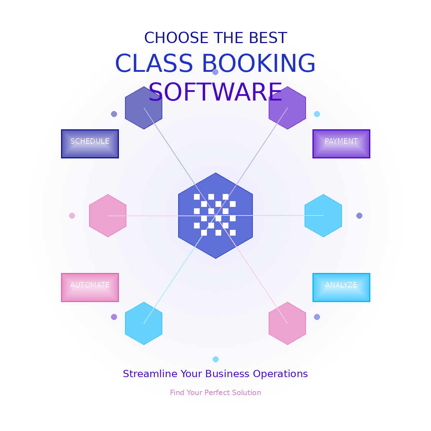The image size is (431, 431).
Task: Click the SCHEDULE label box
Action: click(90, 144)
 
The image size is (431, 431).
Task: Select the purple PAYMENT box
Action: click(341, 144)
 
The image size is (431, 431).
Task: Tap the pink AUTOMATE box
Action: click(90, 287)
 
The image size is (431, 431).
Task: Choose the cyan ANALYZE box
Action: click(341, 287)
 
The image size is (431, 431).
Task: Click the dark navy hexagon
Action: click(144, 108)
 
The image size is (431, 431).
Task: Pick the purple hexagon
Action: click(287, 108)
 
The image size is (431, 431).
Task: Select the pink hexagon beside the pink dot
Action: click(108, 215)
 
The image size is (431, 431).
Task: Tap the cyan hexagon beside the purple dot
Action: click(144, 323)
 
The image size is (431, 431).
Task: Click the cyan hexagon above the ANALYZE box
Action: click(323, 215)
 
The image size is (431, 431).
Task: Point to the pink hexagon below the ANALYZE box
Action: click(287, 323)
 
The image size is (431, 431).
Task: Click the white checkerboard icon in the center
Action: click(215, 215)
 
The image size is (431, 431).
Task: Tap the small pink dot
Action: click(72, 215)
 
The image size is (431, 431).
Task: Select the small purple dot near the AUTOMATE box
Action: click(114, 317)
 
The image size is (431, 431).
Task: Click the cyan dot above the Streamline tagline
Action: click(215, 359)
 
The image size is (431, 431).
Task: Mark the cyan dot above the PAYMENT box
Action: click(317, 114)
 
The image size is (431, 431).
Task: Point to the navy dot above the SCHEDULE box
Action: click(114, 114)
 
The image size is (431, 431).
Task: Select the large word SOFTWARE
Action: click(215, 92)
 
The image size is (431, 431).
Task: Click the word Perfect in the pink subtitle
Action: click(217, 393)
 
